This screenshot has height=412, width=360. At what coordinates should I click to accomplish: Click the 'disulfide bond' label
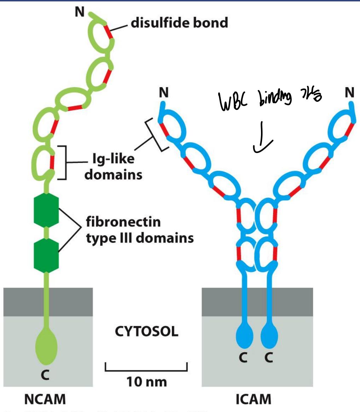click(179, 23)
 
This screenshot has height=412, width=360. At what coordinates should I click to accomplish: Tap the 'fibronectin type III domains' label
click(140, 230)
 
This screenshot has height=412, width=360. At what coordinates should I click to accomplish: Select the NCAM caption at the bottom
click(46, 399)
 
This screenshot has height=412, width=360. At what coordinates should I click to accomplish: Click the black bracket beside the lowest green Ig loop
click(64, 163)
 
